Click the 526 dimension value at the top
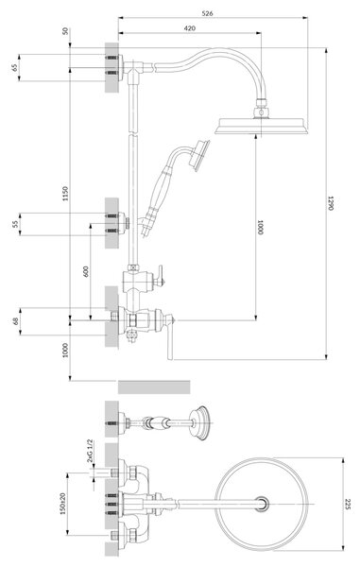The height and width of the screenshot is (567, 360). pos(207,13)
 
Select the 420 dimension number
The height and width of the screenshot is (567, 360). pos(189,28)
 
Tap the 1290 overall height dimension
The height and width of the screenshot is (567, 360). pos(331,203)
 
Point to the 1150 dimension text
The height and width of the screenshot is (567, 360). pos(64,194)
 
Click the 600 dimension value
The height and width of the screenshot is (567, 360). pos(86,272)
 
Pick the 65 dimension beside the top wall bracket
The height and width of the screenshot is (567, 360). pos(14,68)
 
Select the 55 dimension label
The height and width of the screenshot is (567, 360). pos(15,224)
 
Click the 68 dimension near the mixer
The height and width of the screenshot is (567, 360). pos(15,321)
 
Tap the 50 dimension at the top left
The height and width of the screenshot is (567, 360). pos(65,31)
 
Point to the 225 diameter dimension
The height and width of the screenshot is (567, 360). pos(348,504)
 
